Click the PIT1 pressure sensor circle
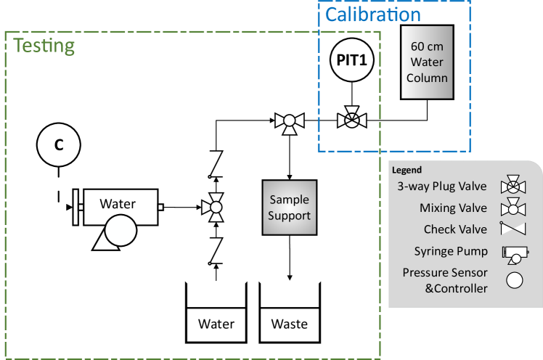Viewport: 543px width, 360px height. coord(352,62)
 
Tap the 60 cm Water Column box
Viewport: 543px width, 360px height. coord(427,62)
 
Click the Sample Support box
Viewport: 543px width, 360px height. coord(289,208)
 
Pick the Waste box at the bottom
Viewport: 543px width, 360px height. coord(289,324)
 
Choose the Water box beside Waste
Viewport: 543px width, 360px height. coord(216,324)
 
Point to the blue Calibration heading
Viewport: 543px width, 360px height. coord(372,14)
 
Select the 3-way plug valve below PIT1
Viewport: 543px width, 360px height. coord(352,118)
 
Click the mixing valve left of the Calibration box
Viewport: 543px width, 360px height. coord(290,123)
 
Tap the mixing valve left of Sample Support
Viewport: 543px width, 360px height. coord(216,208)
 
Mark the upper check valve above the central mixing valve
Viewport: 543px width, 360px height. coord(216,164)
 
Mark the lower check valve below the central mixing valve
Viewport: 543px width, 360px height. coord(216,250)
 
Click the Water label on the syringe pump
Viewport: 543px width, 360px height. coord(118,204)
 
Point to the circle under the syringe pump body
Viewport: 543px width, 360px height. coord(119,233)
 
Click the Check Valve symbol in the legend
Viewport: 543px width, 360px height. coord(513,229)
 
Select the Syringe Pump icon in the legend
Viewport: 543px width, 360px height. coord(513,253)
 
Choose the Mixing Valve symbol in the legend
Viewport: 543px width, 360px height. coord(513,208)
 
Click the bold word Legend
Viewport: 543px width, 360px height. coord(407,170)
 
